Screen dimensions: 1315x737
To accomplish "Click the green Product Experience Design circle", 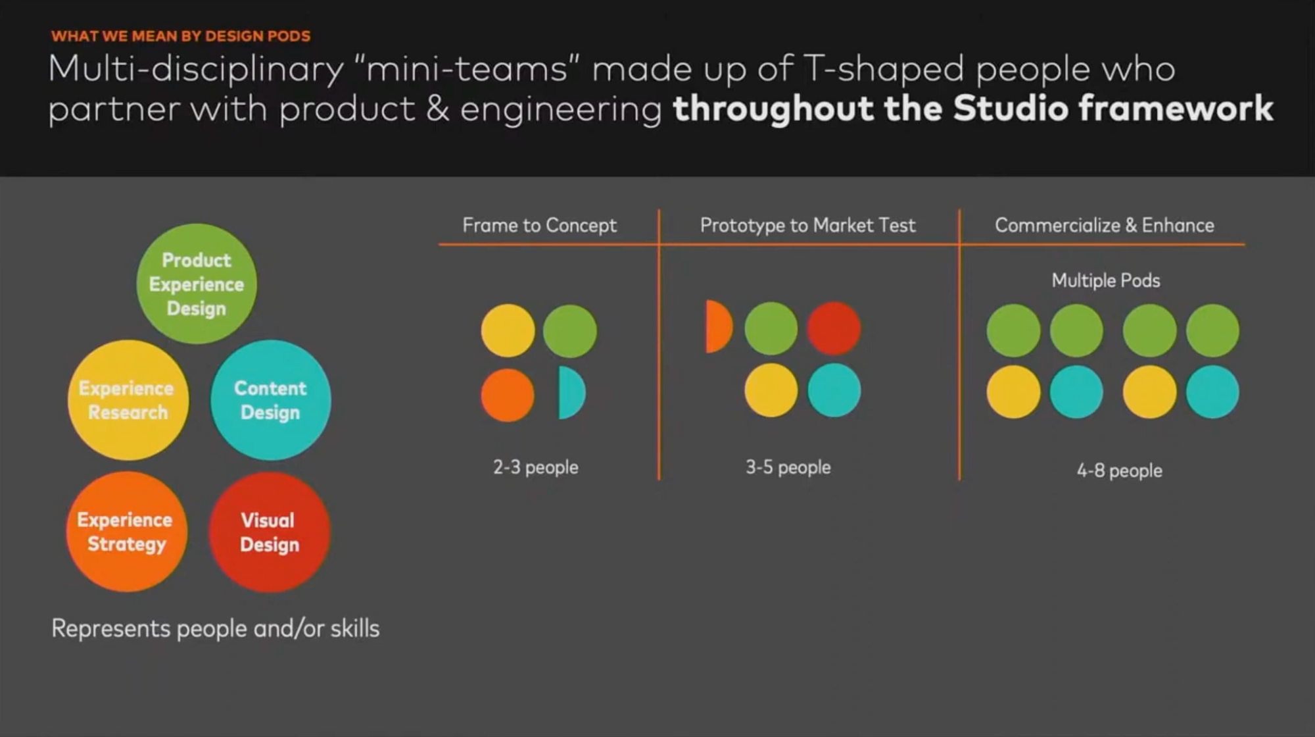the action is click(x=197, y=284).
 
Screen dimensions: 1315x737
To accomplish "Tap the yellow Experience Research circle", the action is click(x=128, y=400).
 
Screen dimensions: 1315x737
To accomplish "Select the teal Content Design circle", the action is click(x=271, y=400).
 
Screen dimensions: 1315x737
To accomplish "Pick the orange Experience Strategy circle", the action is click(x=126, y=532).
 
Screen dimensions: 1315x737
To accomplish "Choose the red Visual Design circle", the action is click(x=270, y=532).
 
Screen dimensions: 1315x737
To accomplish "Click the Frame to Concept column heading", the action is click(x=540, y=226).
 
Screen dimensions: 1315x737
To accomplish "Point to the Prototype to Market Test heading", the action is click(x=807, y=226).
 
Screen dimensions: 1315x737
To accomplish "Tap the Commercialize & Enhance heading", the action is click(x=1105, y=225).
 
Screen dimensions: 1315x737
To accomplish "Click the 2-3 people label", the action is click(x=536, y=467).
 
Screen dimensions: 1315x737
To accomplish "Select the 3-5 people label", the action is click(x=788, y=467).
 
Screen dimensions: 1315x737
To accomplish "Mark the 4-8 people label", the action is click(x=1120, y=470).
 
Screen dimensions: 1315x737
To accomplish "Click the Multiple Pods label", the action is click(x=1106, y=280).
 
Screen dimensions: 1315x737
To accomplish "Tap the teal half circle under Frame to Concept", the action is click(x=571, y=393).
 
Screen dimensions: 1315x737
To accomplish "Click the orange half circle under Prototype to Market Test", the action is click(x=718, y=327).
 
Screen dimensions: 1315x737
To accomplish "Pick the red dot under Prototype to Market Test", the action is click(x=834, y=328).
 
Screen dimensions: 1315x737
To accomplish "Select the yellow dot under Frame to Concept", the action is click(x=508, y=330).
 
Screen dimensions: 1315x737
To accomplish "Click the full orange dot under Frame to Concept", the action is click(x=508, y=395).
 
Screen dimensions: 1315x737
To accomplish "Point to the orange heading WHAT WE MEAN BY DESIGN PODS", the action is click(x=181, y=36).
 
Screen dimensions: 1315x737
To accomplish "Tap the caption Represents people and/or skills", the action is click(x=216, y=628).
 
